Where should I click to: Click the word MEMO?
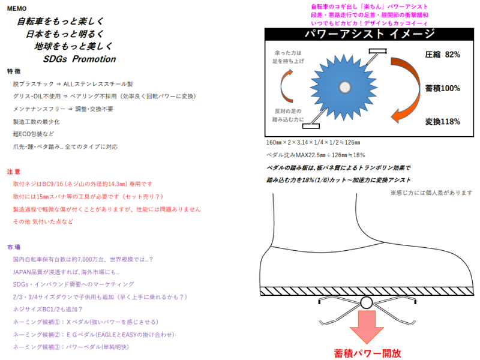coord(17,8)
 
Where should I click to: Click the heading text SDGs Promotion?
coord(80,59)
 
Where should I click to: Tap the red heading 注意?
coord(14,172)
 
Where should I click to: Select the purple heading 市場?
coord(14,247)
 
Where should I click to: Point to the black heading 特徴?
coord(14,71)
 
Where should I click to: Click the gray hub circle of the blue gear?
coord(344,87)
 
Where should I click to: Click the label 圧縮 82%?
coord(442,55)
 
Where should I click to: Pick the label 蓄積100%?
coord(442,88)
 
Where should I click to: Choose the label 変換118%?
coord(442,122)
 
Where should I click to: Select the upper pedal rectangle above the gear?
coord(378,51)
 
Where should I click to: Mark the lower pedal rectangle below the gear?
coord(311,126)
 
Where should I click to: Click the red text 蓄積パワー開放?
coord(367,353)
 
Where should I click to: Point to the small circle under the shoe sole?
coord(366,303)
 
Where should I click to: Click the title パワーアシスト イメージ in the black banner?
coord(370,34)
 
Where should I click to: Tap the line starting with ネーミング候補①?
coord(86,322)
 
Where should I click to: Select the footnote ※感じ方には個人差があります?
coord(431,193)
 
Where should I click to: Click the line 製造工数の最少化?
coord(37,122)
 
